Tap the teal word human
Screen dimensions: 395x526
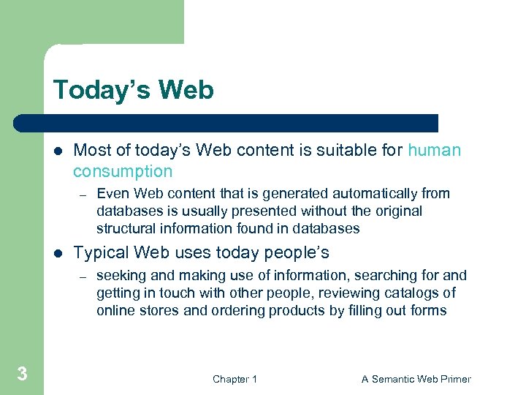[435, 151]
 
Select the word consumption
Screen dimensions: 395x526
[123, 172]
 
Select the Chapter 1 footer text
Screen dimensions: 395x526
[235, 379]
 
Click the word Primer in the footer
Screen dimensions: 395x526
[453, 379]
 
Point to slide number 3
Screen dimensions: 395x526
[22, 375]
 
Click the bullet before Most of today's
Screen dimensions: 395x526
[58, 151]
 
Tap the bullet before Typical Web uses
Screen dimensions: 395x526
[58, 254]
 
